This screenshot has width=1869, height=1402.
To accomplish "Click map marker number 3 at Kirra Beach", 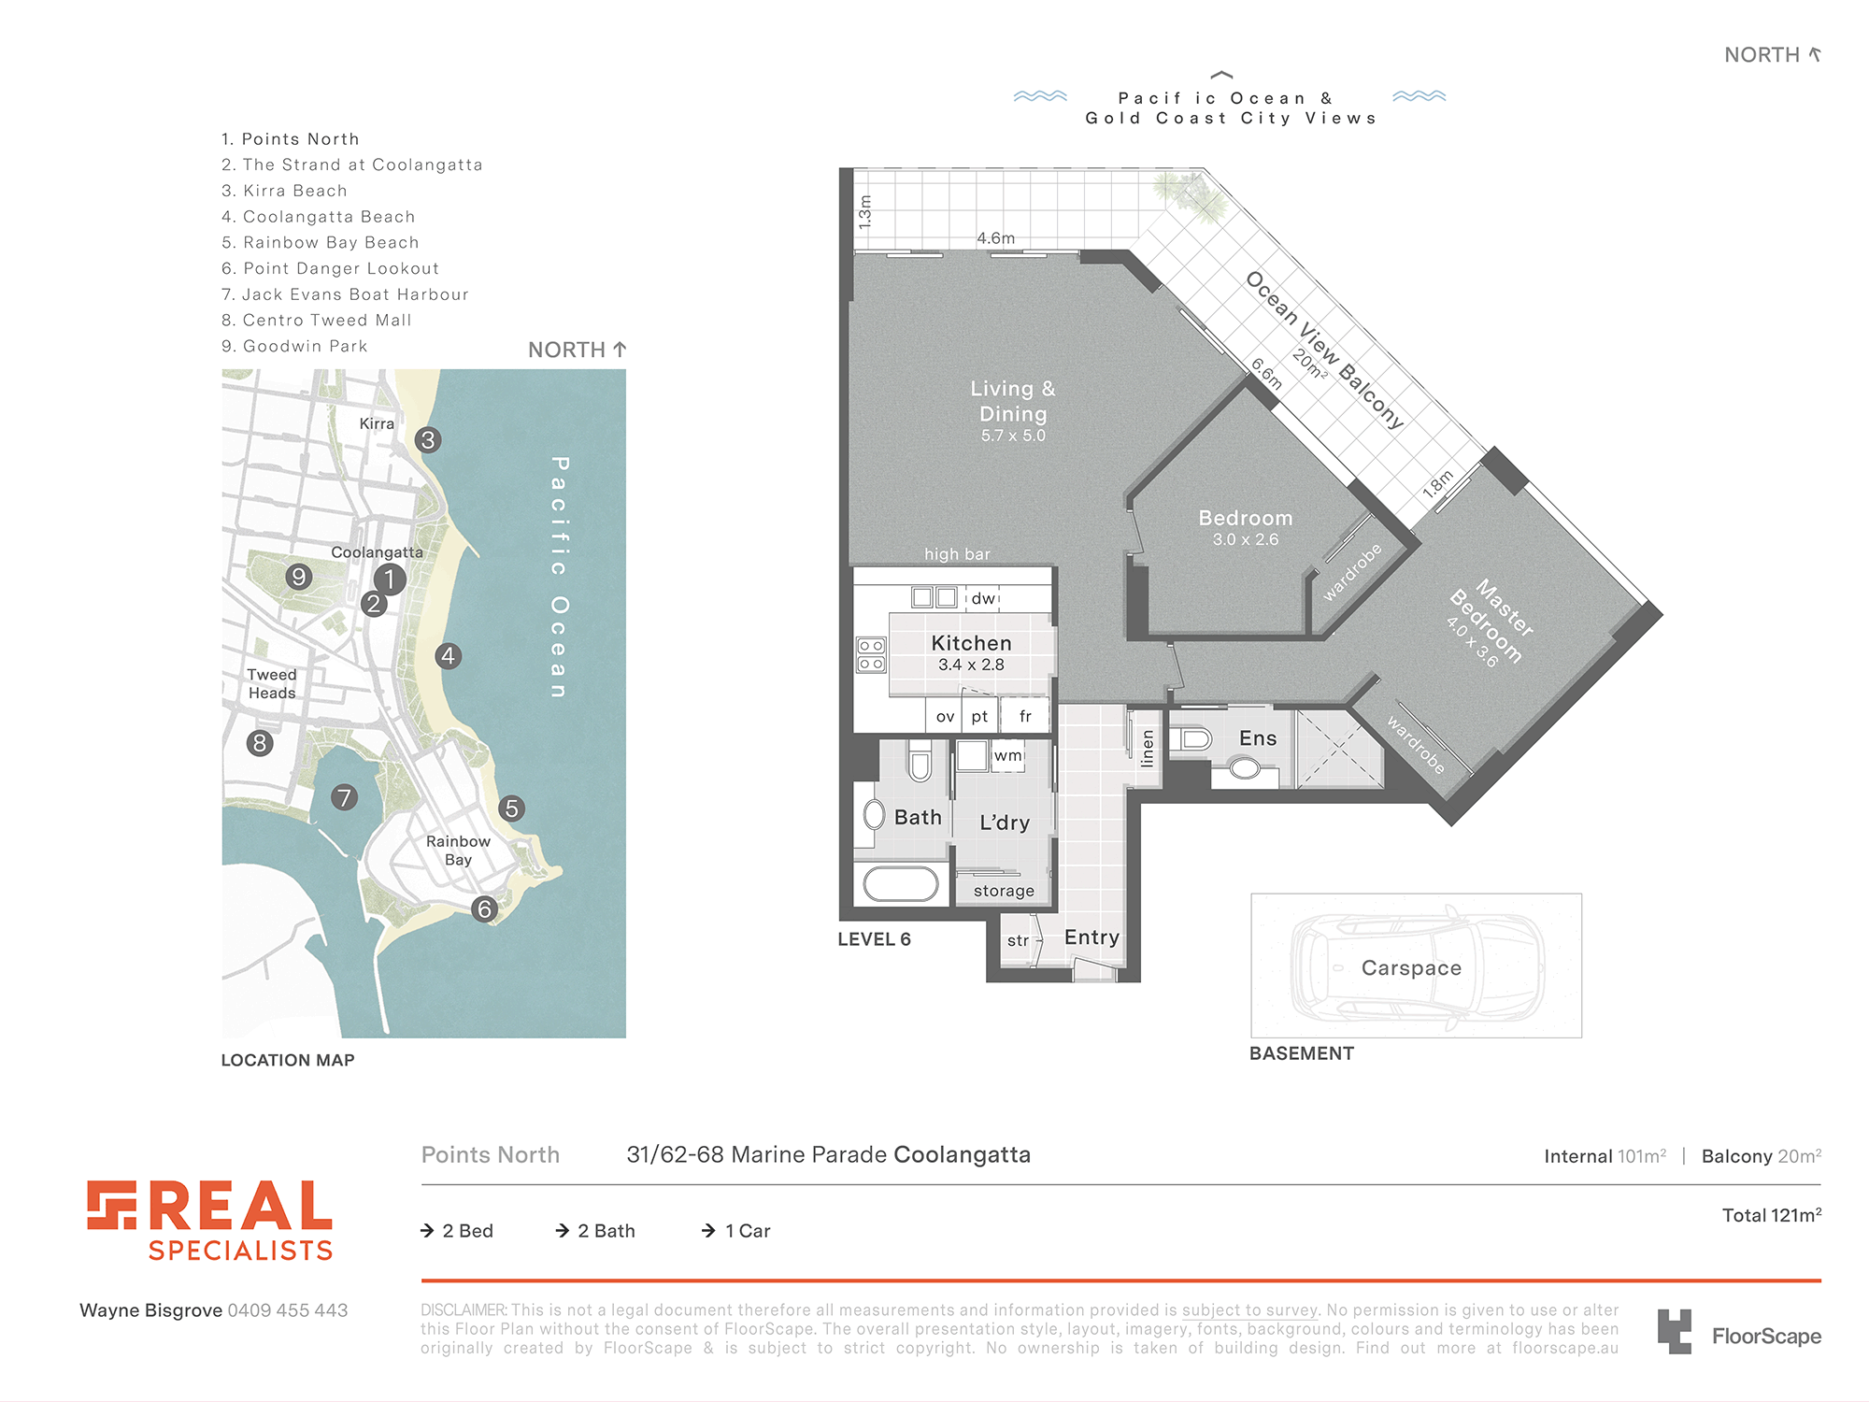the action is tap(428, 440).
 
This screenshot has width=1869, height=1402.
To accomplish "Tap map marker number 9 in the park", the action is tap(299, 577).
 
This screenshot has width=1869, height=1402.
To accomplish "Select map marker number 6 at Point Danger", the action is tap(484, 908).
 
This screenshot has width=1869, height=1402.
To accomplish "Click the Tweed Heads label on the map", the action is tap(272, 684).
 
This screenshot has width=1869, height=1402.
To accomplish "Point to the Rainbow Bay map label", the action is tap(458, 851).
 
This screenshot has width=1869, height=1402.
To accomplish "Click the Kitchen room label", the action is tap(972, 643).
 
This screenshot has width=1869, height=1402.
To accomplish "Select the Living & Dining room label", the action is tap(1013, 401).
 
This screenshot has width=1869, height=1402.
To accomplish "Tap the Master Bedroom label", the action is tap(1491, 621).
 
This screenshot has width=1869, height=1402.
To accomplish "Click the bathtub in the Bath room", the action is tap(901, 884).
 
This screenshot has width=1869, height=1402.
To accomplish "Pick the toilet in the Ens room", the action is tap(1192, 738).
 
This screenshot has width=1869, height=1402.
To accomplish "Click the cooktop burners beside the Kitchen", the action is tap(871, 654).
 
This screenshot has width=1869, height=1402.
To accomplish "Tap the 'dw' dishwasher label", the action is tap(983, 598).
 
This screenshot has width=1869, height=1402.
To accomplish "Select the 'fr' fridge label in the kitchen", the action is tap(1025, 716).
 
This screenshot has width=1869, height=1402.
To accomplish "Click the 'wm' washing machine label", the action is tap(1007, 755).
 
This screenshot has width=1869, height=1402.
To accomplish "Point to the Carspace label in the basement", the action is tap(1411, 968).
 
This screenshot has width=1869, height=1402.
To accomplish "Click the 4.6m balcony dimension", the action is tap(995, 238).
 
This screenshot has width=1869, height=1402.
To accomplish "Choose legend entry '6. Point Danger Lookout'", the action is tap(330, 268).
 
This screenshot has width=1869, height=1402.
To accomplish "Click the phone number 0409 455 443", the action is tap(288, 1310).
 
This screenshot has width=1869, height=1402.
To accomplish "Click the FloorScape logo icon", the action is tap(1675, 1332).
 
